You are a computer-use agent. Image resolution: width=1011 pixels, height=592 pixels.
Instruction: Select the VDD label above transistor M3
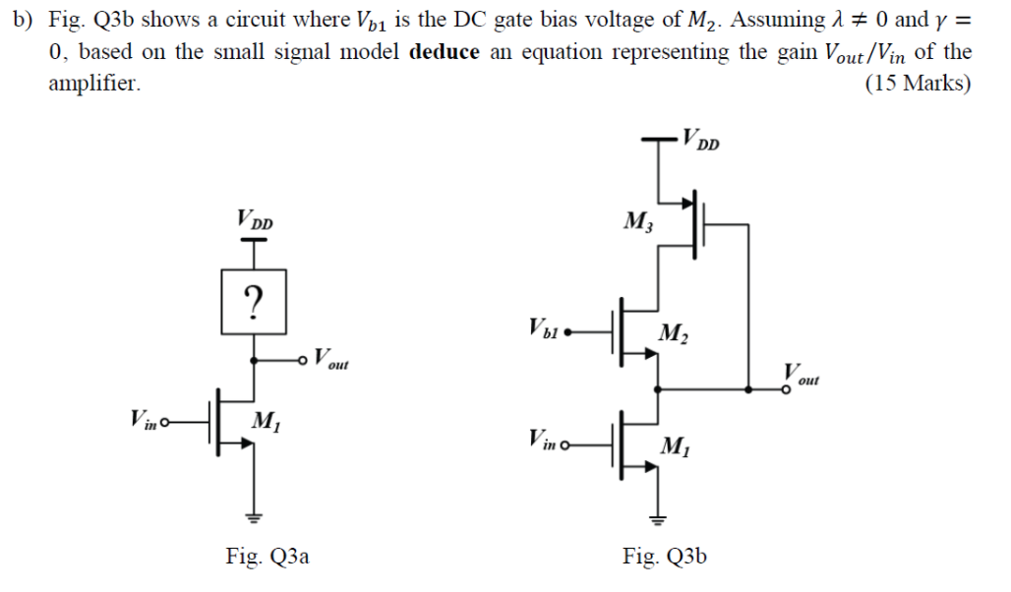701,139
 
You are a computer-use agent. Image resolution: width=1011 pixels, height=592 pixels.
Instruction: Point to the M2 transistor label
674,334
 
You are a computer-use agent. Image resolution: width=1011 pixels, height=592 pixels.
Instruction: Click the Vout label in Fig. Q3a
331,359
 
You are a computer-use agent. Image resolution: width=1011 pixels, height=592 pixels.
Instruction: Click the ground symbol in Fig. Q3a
255,515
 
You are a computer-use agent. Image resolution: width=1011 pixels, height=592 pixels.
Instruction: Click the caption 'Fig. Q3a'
267,557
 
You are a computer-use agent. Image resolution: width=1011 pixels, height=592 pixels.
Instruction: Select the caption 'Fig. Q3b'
664,557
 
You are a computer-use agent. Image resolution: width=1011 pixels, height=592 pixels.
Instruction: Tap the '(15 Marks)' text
918,84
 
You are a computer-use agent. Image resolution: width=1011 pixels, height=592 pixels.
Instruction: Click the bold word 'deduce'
444,52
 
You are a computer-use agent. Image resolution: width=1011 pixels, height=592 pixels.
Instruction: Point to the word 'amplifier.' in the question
94,84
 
